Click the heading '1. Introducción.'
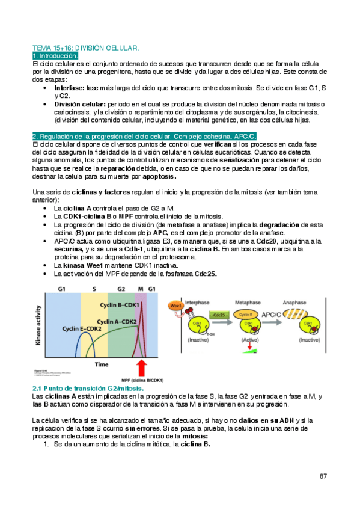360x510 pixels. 55,55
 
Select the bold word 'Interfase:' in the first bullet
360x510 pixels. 69,88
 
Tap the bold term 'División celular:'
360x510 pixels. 79,104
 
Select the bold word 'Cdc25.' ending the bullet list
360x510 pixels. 206,274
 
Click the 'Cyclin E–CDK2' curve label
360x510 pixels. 83,330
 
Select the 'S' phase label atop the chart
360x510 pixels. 94,289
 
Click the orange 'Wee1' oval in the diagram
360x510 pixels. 176,305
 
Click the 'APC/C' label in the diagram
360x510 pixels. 275,313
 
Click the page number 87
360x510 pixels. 323,476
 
